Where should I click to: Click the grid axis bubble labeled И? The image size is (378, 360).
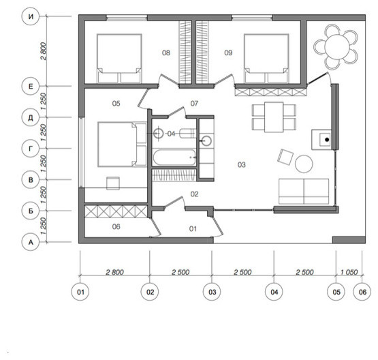point(31,16)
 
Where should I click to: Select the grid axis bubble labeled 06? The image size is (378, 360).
point(362,292)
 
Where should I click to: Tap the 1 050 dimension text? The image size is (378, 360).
point(349,272)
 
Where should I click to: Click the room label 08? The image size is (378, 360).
point(166,52)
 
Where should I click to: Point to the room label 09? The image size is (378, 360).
point(228,52)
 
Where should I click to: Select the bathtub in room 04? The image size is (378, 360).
point(174,157)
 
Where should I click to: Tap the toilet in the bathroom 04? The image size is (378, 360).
point(188,134)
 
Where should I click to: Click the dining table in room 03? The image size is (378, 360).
point(274,117)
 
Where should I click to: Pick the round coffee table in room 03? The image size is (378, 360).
point(304,164)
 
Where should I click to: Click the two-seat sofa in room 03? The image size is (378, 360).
point(304,192)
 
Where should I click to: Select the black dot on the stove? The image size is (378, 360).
point(327,140)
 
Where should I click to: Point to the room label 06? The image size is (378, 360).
point(116,226)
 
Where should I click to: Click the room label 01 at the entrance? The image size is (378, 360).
point(193,228)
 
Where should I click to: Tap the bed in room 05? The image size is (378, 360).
point(122,145)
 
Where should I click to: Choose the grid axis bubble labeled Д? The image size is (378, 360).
point(31,117)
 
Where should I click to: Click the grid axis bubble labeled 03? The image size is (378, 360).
point(212,292)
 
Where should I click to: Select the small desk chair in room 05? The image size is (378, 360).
point(113,183)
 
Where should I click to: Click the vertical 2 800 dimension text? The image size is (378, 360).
point(44,51)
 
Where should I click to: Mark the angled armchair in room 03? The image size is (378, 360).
point(285,157)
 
